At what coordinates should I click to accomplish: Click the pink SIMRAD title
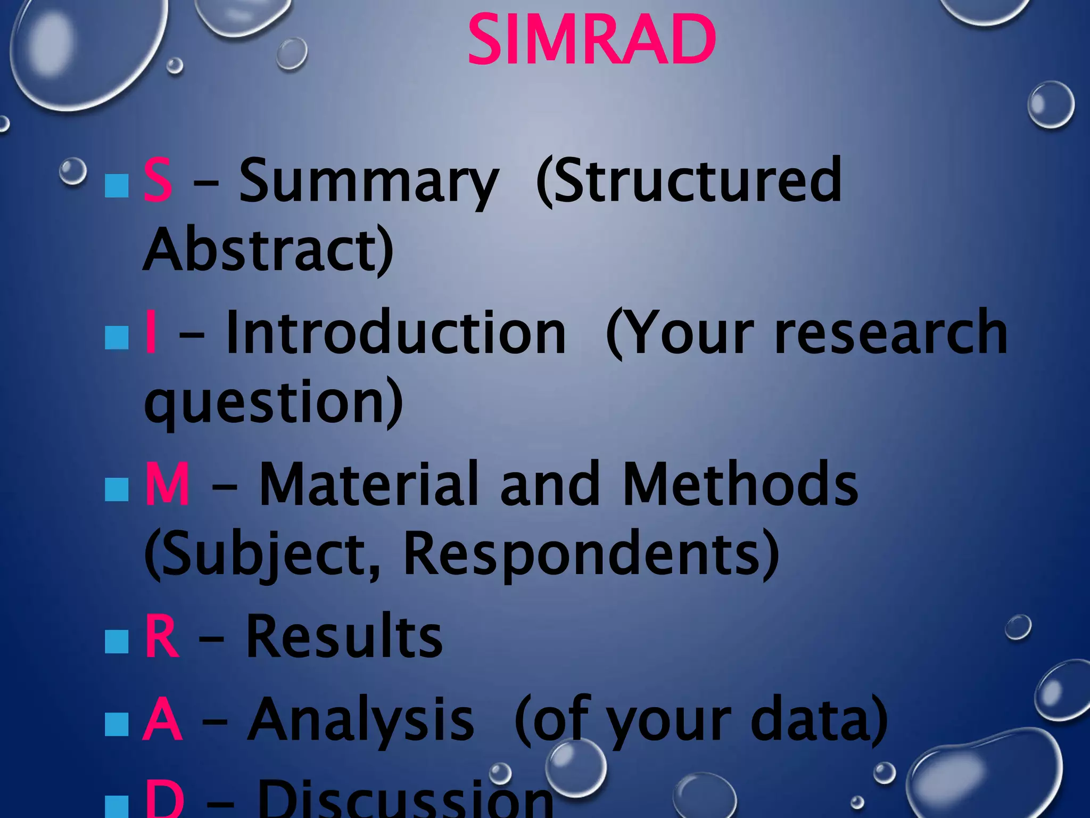tap(592, 40)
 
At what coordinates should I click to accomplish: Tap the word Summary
tap(368, 182)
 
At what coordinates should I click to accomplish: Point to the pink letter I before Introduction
tap(151, 332)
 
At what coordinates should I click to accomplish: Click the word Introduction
tap(396, 332)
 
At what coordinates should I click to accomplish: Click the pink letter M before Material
tap(167, 484)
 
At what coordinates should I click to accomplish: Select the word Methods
tap(740, 484)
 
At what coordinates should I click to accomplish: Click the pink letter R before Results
tap(161, 636)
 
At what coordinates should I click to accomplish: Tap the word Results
tap(344, 636)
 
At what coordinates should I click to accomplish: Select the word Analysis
tap(361, 720)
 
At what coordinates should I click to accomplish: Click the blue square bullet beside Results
tap(117, 641)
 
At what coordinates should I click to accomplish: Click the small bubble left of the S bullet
tap(72, 171)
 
